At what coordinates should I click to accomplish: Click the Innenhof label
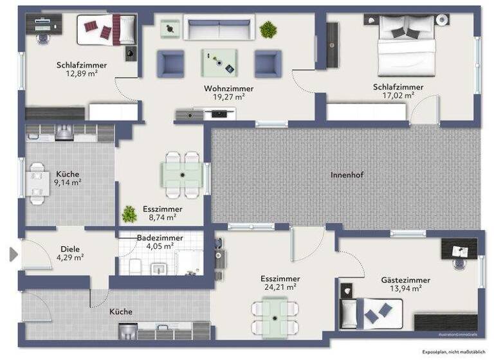click(x=347, y=175)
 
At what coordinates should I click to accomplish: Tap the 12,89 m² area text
click(x=81, y=74)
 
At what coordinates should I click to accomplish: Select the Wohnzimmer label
click(x=228, y=89)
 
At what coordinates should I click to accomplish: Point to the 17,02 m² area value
click(x=398, y=96)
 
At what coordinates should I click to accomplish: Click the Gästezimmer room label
click(x=405, y=280)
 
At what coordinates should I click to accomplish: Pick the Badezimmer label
click(x=160, y=238)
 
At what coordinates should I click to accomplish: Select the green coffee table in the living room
click(x=219, y=62)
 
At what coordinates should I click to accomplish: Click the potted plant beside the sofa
click(x=268, y=29)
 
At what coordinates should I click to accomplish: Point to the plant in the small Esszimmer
click(x=129, y=213)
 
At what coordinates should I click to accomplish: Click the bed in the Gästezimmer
click(x=370, y=313)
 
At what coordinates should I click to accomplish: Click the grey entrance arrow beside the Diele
click(x=14, y=255)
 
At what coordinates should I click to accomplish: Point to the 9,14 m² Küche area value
click(x=68, y=183)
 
